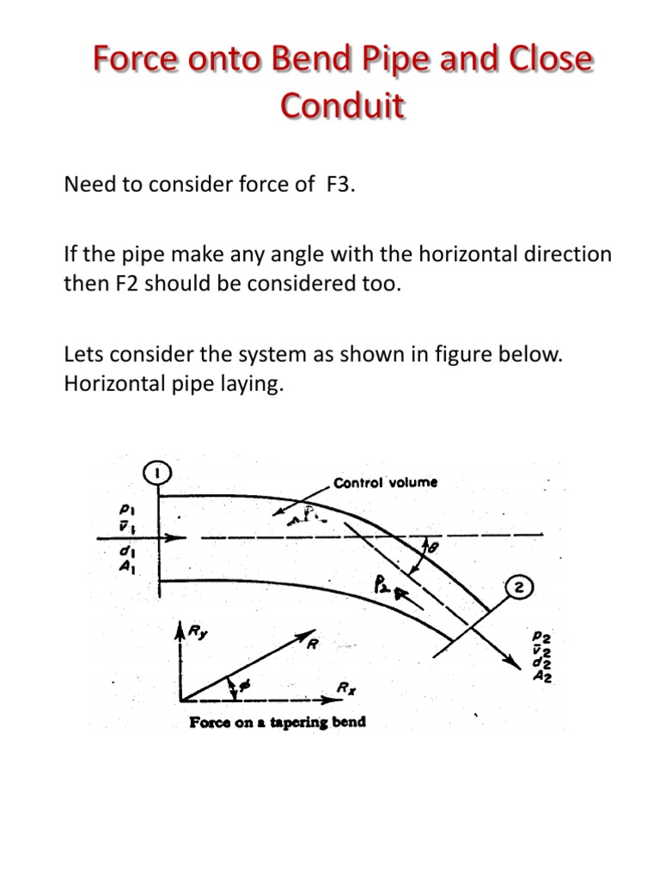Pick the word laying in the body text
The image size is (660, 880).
click(253, 384)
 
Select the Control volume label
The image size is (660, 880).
click(386, 482)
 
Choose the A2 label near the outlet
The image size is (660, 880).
click(542, 676)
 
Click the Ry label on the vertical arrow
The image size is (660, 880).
click(199, 633)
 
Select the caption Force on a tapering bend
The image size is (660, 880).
click(277, 722)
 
